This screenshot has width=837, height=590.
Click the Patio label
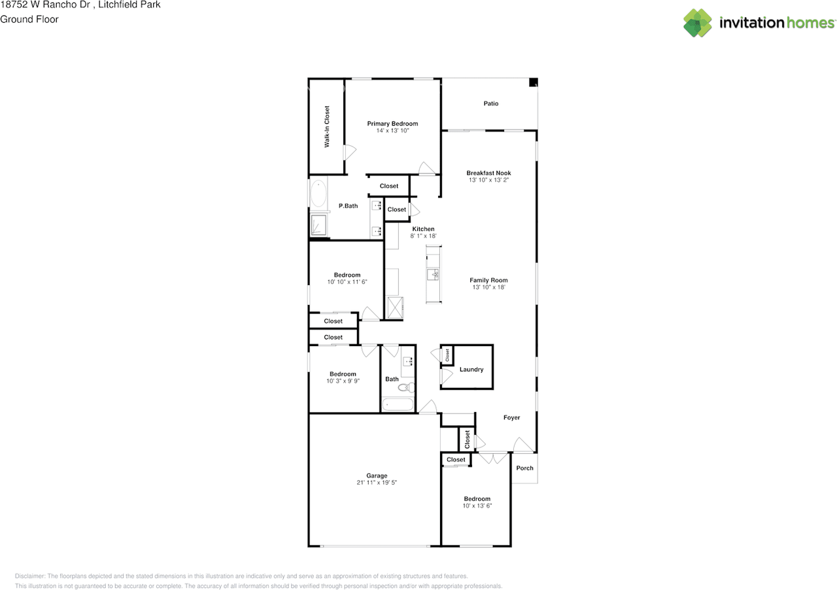point(490,103)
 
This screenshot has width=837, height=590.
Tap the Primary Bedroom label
point(392,124)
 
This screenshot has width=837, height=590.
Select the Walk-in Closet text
point(327,127)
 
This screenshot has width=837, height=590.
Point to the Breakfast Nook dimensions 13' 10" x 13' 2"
point(488,180)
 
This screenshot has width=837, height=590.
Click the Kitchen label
point(423,229)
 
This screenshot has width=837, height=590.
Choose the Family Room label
point(488,280)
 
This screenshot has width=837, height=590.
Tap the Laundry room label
point(471,370)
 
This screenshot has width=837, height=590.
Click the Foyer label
point(511,417)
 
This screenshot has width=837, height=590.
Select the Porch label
point(524,468)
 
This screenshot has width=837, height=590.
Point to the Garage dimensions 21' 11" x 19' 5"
point(377,483)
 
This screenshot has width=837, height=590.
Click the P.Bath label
point(349,206)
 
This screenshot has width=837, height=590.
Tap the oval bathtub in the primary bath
point(318,194)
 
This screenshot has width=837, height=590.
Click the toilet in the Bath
point(406,387)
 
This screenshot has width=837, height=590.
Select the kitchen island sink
point(433,275)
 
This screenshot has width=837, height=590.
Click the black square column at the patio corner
point(533,82)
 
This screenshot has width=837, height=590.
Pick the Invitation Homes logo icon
point(697,23)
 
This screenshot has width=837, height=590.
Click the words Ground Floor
point(29,20)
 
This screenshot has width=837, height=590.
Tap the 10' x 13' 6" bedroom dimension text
point(477,506)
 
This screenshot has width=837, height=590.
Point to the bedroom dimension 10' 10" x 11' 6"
point(347,282)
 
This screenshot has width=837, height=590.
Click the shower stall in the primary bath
point(318,225)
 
